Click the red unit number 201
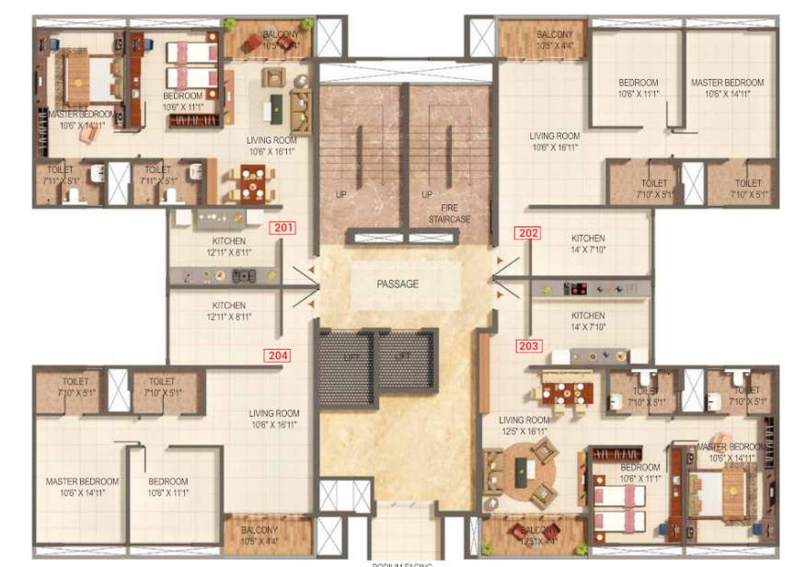pos(281,229)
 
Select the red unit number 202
pos(528,233)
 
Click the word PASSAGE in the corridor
pos(397,284)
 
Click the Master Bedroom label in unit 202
pos(727,87)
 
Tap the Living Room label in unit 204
pos(274,419)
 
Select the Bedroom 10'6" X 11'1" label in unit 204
pos(167,487)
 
